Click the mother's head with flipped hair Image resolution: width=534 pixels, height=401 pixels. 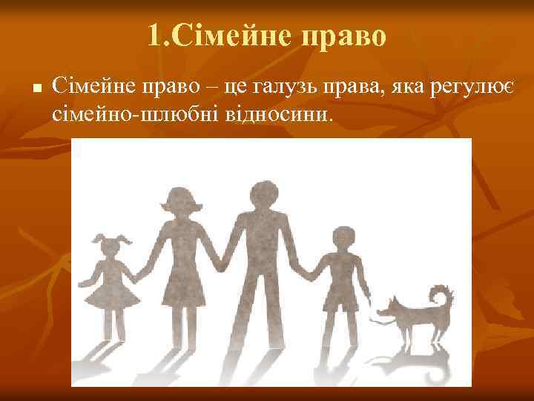[179, 204]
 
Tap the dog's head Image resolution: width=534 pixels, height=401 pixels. [390, 304]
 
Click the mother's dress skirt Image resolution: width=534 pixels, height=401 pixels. [178, 286]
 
